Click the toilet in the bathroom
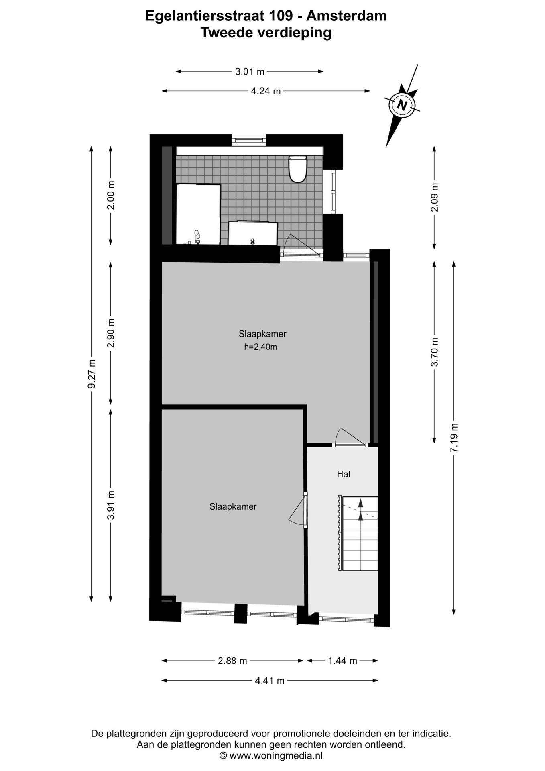click(298, 169)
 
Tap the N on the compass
click(402, 105)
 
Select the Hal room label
click(344, 474)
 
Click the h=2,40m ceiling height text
click(260, 347)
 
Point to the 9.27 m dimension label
click(92, 374)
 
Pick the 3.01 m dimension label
click(250, 72)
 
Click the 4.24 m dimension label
click(266, 91)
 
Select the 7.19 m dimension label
click(454, 438)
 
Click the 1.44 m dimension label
click(343, 661)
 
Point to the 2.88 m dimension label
click(232, 661)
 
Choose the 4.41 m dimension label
click(270, 681)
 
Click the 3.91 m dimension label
click(111, 505)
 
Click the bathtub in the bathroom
click(198, 214)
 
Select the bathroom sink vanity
click(253, 233)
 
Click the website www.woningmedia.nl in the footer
click(276, 756)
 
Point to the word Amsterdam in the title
click(347, 16)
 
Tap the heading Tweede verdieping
click(266, 33)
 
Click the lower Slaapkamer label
click(233, 507)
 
